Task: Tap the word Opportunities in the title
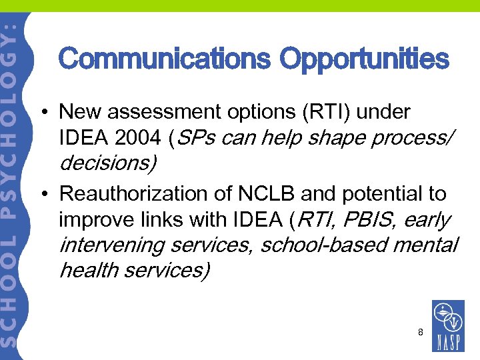tap(364, 59)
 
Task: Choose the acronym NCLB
tap(255, 194)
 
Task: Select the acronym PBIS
tap(361, 219)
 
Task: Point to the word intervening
tap(112, 245)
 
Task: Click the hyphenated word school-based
tap(319, 245)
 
